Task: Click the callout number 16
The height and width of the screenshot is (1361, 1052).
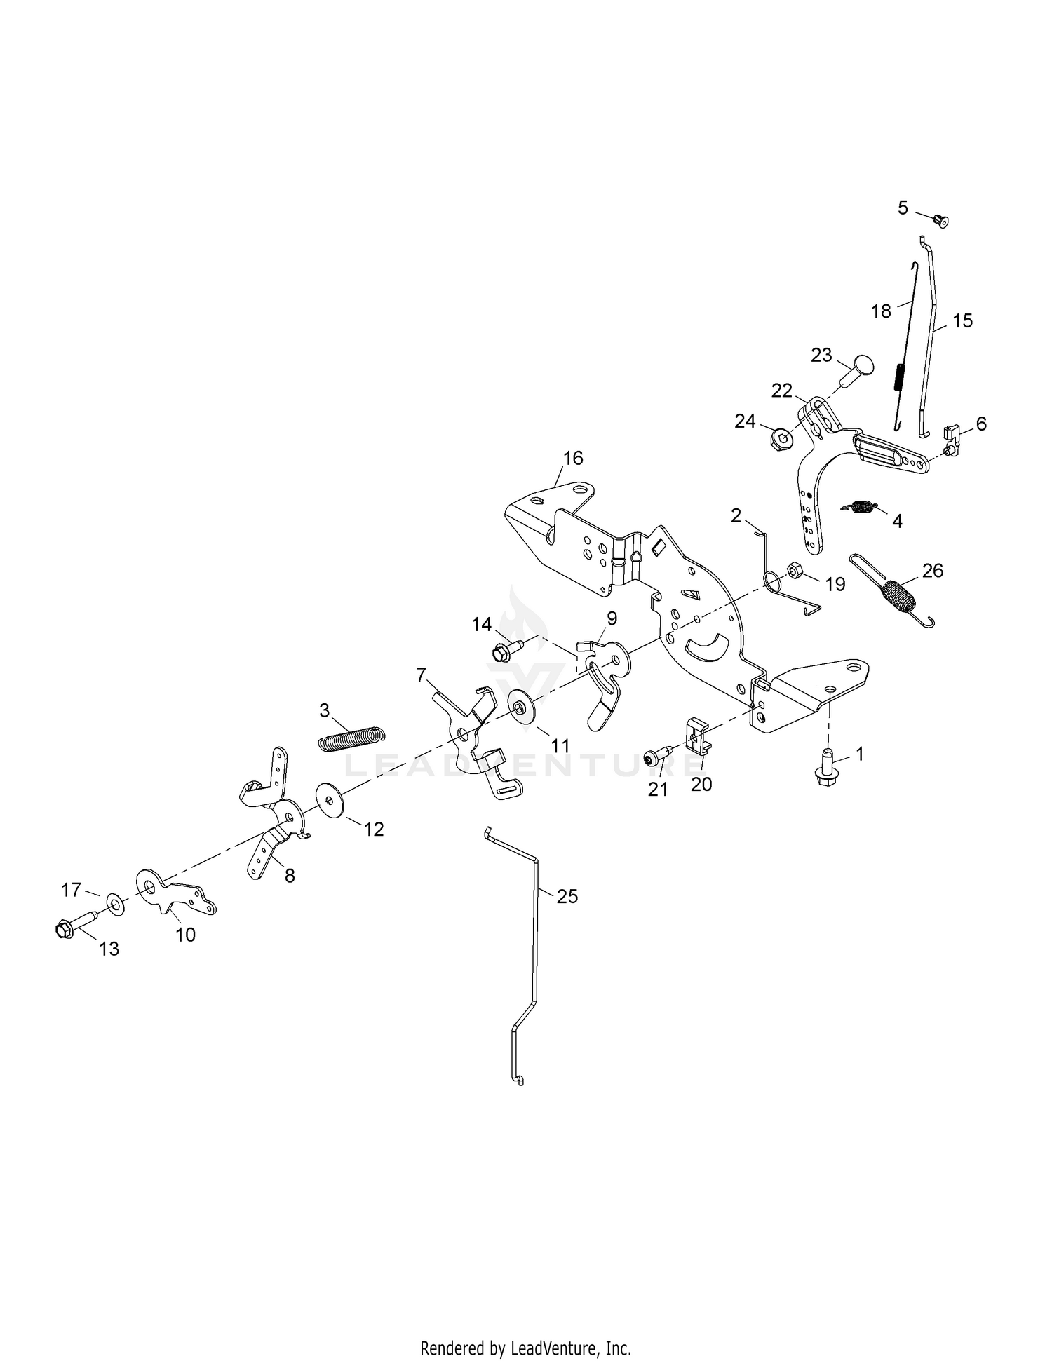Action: (x=573, y=458)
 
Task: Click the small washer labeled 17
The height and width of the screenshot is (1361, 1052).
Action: (x=114, y=902)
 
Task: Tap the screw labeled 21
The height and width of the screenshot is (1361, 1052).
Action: (x=657, y=759)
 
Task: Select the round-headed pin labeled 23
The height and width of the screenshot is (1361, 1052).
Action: (x=860, y=369)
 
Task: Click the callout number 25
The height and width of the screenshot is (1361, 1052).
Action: (x=567, y=896)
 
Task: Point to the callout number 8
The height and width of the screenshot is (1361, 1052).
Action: (x=289, y=875)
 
